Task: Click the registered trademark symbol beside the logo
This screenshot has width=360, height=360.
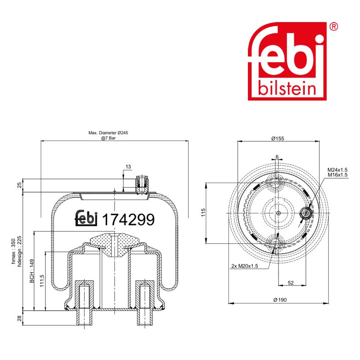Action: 333,27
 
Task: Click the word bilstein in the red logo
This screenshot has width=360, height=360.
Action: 287,88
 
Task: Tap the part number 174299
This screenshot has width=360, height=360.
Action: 128,220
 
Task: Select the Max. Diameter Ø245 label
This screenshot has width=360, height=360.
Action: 108,133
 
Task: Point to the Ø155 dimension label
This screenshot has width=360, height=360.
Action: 278,139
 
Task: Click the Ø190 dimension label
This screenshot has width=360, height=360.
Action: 280,300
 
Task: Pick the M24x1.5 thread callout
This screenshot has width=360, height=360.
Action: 337,170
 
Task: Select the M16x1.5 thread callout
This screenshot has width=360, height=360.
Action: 337,175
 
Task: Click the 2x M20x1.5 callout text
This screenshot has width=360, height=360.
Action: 244,266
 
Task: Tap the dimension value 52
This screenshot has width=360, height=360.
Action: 291,283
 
